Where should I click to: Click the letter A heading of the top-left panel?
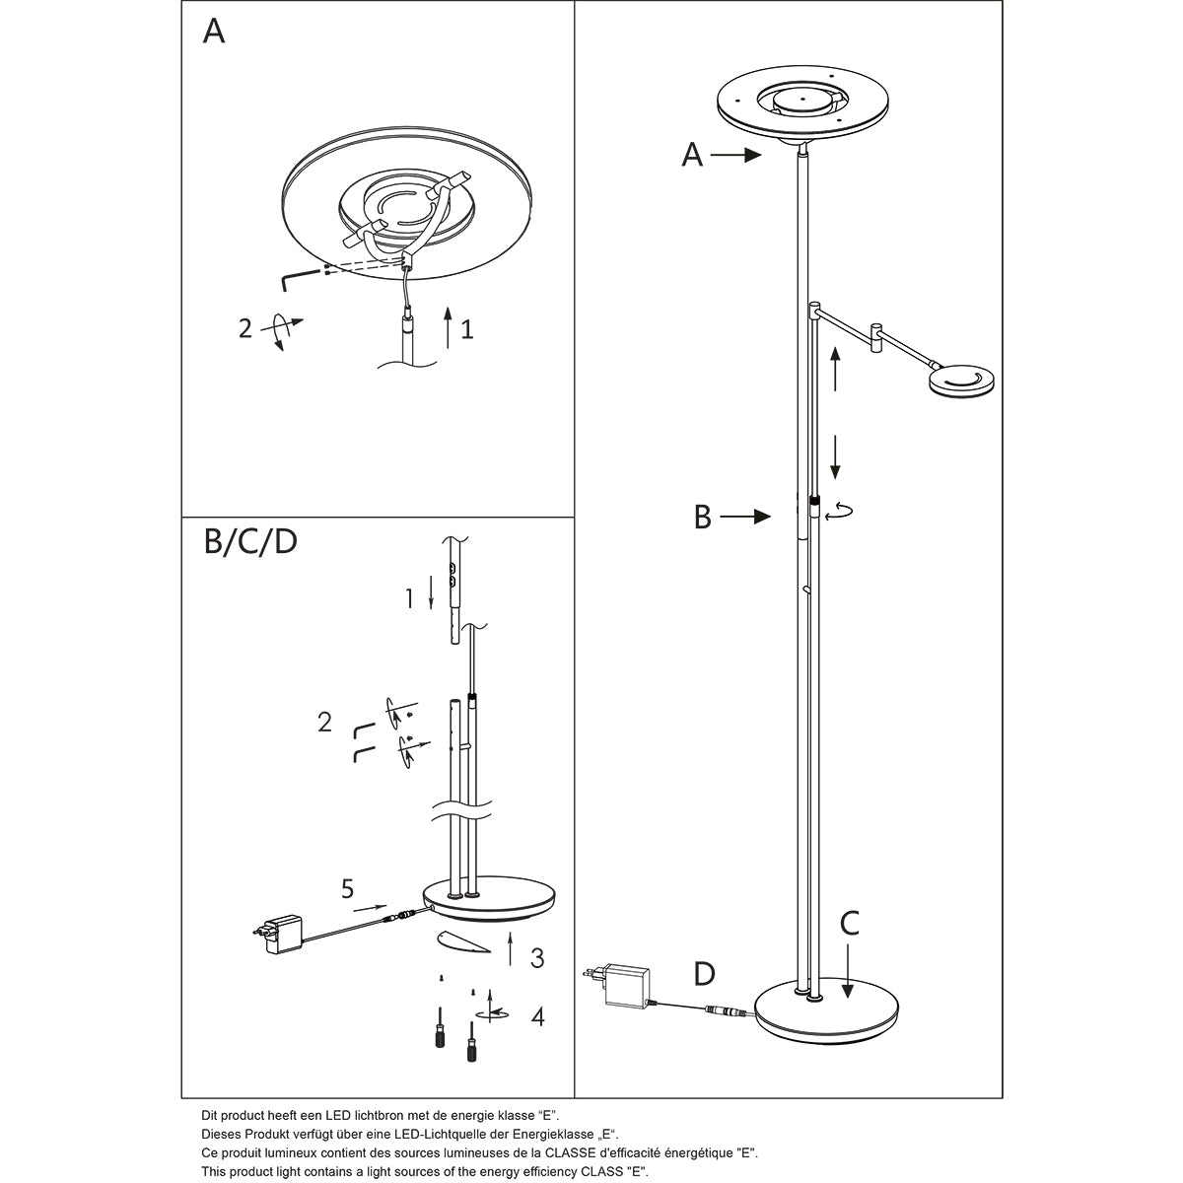(x=214, y=32)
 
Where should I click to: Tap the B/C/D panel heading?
(x=250, y=543)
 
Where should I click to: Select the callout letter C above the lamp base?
(x=850, y=924)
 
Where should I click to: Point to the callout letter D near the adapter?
(x=704, y=974)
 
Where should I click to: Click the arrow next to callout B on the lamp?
(x=746, y=516)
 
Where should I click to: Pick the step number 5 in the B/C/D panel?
(x=347, y=890)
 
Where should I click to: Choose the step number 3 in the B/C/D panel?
(x=536, y=957)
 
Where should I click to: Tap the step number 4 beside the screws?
(x=537, y=1016)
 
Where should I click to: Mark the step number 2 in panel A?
(x=245, y=327)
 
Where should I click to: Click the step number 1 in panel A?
(x=467, y=328)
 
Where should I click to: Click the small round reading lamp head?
(x=961, y=381)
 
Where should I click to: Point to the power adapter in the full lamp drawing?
(x=624, y=984)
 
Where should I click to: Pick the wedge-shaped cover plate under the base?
(x=461, y=942)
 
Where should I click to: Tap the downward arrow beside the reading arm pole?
(x=835, y=455)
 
